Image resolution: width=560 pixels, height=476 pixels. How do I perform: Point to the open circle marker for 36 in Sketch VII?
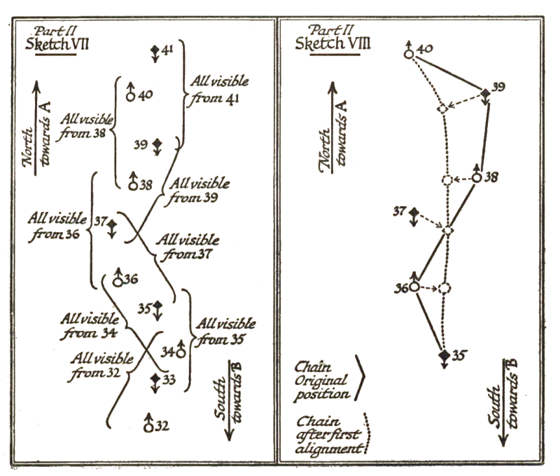coord(118,281)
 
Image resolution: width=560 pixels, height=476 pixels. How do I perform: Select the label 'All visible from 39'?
coord(200,190)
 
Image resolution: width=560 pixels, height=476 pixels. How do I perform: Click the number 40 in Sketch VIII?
coord(425,48)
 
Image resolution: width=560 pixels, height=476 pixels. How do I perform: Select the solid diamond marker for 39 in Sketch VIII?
coord(484,93)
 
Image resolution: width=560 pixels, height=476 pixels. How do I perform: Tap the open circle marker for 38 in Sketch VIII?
coord(477,177)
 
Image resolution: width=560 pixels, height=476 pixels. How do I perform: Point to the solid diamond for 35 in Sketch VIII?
coord(443,355)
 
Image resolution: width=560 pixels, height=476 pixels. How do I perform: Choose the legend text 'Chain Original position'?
coord(323,379)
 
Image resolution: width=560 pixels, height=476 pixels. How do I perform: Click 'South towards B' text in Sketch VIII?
coord(508,400)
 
